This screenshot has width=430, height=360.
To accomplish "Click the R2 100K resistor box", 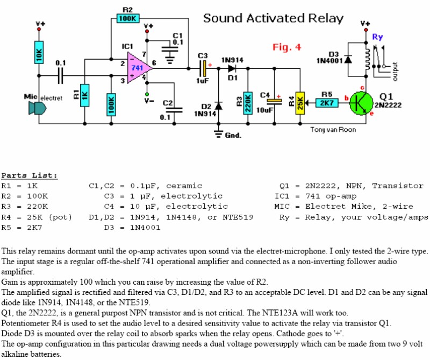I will tap(127, 18).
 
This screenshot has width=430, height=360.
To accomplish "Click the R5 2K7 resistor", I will tap(327, 102).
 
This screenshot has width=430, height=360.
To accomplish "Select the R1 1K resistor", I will tap(84, 96).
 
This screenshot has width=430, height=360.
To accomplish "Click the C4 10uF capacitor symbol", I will tap(275, 100).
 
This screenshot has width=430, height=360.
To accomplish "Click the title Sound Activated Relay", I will tap(273, 18).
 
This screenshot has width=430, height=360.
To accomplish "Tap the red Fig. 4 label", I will tap(286, 47).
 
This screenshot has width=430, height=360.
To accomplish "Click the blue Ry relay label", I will tap(377, 37).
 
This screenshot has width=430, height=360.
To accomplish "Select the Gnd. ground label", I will tap(233, 135).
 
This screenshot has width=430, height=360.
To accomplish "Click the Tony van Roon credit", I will tap(333, 130).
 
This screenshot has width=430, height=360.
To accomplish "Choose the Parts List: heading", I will tap(29, 175).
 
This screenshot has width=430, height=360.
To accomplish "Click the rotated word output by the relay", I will tap(396, 72).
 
